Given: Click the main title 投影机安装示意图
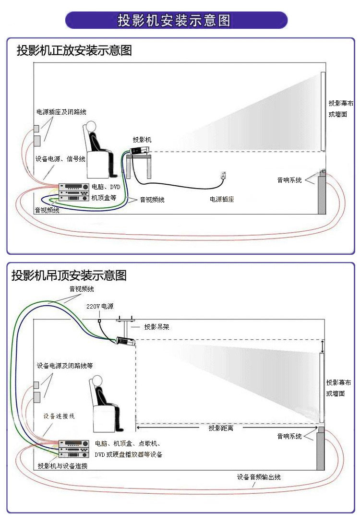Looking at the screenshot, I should point(174,21).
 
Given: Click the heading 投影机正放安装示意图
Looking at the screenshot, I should point(74,50).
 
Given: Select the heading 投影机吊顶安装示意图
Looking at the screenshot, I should point(69,275).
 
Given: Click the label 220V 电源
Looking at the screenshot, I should point(100,306).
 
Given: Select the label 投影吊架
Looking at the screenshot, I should point(157,327).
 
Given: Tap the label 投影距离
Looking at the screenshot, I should point(221,428).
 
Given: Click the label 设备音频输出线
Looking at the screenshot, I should point(259,477).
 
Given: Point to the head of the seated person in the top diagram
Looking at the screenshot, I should point(91,126).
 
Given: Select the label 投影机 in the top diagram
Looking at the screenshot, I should point(142,140).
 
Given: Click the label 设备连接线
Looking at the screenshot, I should point(59,416).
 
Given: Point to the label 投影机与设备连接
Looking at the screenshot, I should point(62,466).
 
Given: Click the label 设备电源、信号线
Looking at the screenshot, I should point(60,159).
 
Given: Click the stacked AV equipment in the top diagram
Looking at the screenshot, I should point(73,192).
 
